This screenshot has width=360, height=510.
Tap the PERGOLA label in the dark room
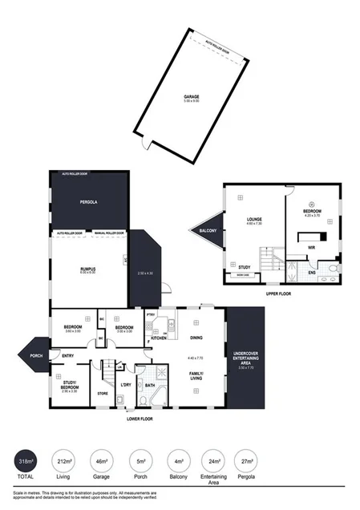(88, 202)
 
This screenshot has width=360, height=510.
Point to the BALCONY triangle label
(203, 231)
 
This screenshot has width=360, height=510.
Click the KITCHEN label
(158, 338)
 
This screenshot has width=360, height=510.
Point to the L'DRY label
(125, 385)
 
